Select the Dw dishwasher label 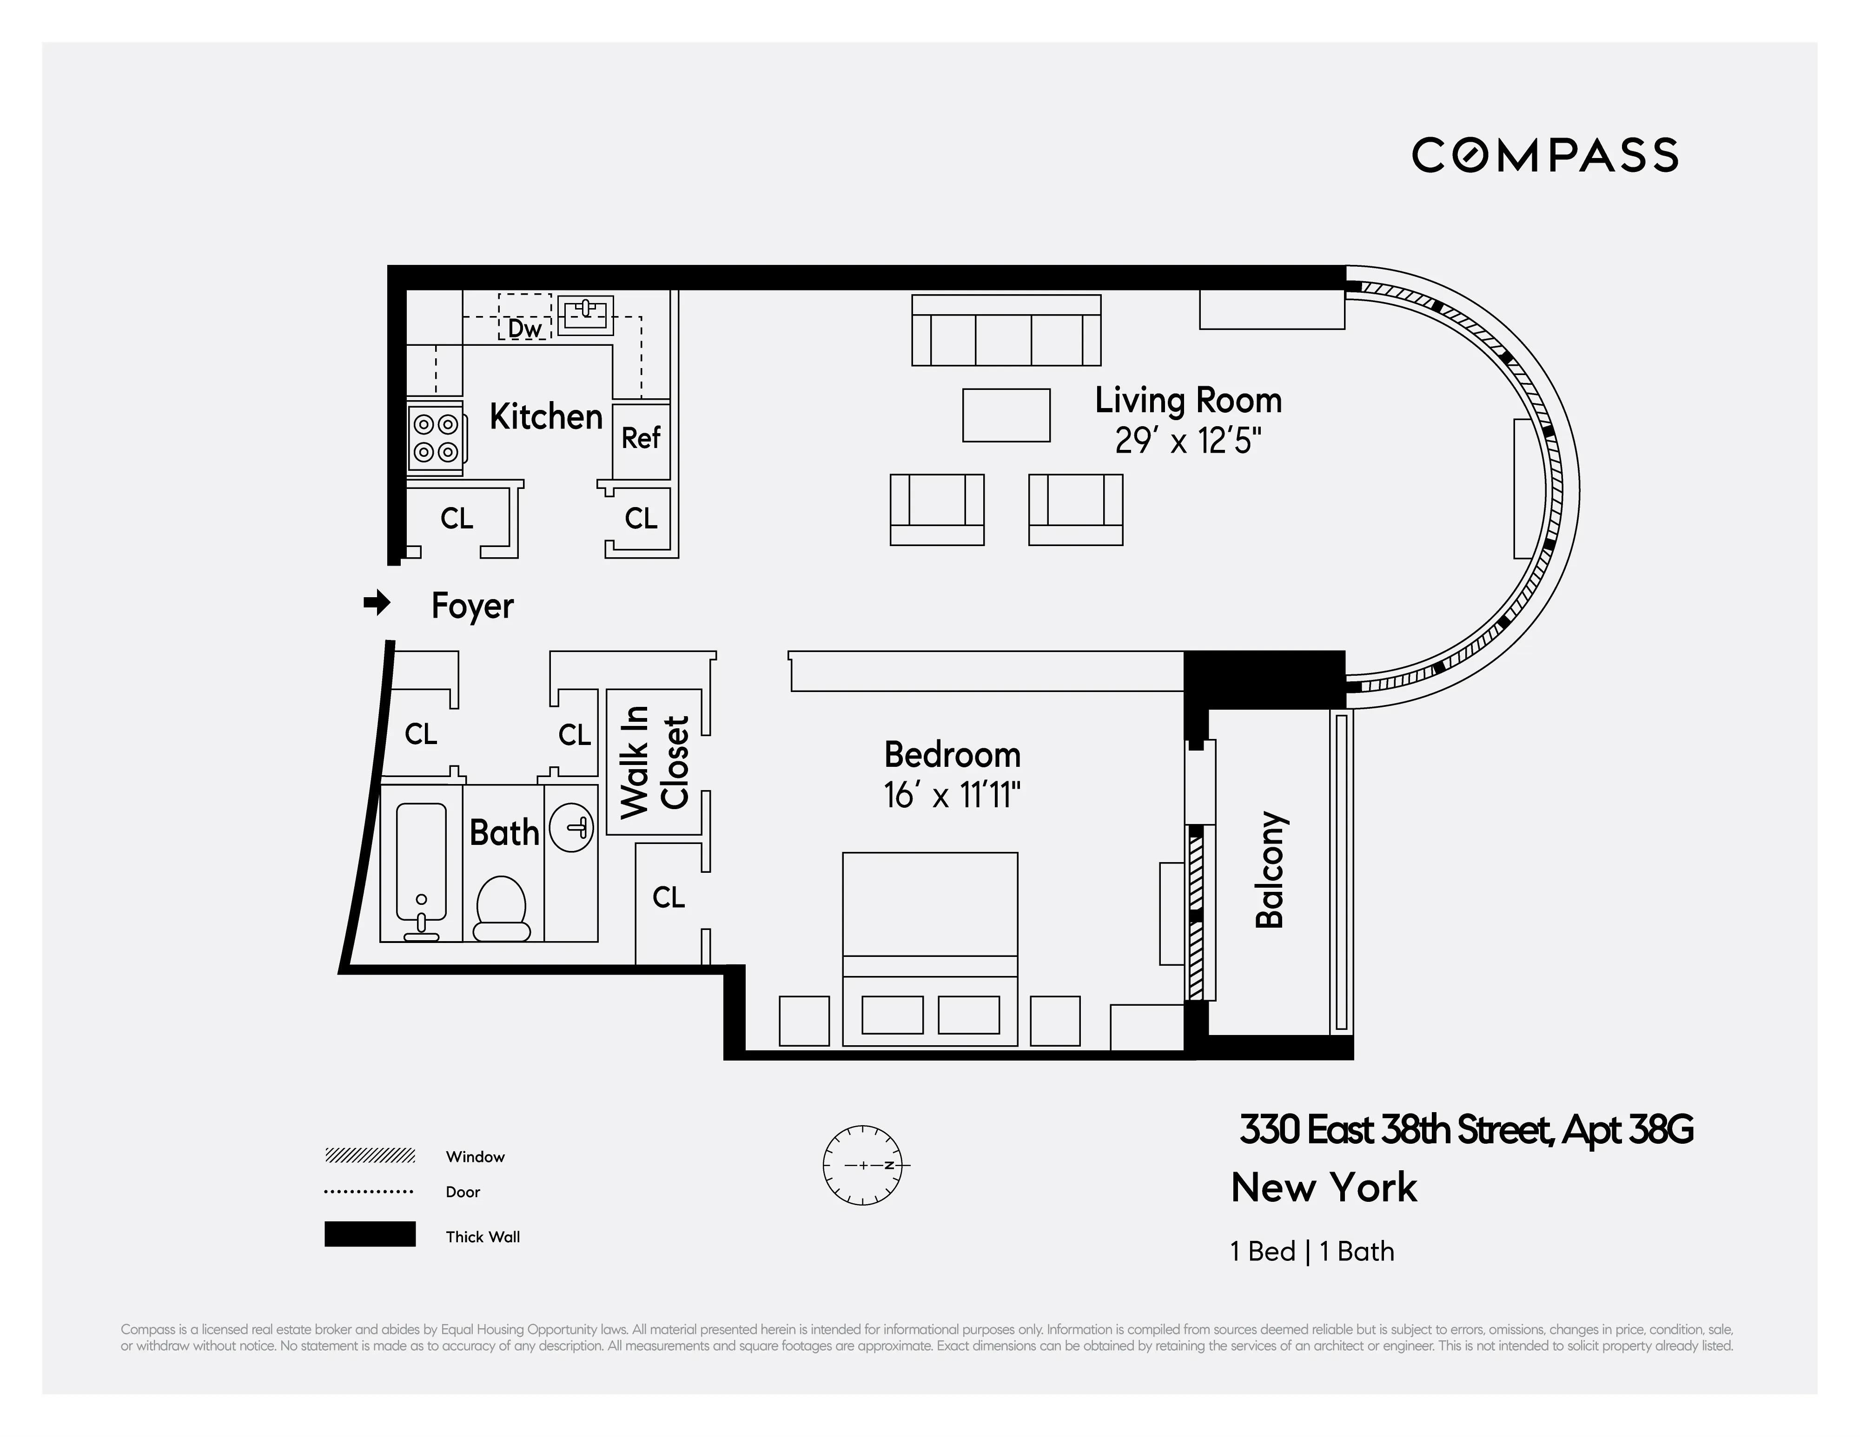tap(524, 329)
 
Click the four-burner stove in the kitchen tap(436, 438)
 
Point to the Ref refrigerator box tap(641, 438)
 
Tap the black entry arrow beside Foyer tap(377, 604)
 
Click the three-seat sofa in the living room tap(1006, 331)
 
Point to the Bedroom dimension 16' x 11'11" tap(951, 796)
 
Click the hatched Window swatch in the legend tap(370, 1155)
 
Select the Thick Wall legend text tap(482, 1237)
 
